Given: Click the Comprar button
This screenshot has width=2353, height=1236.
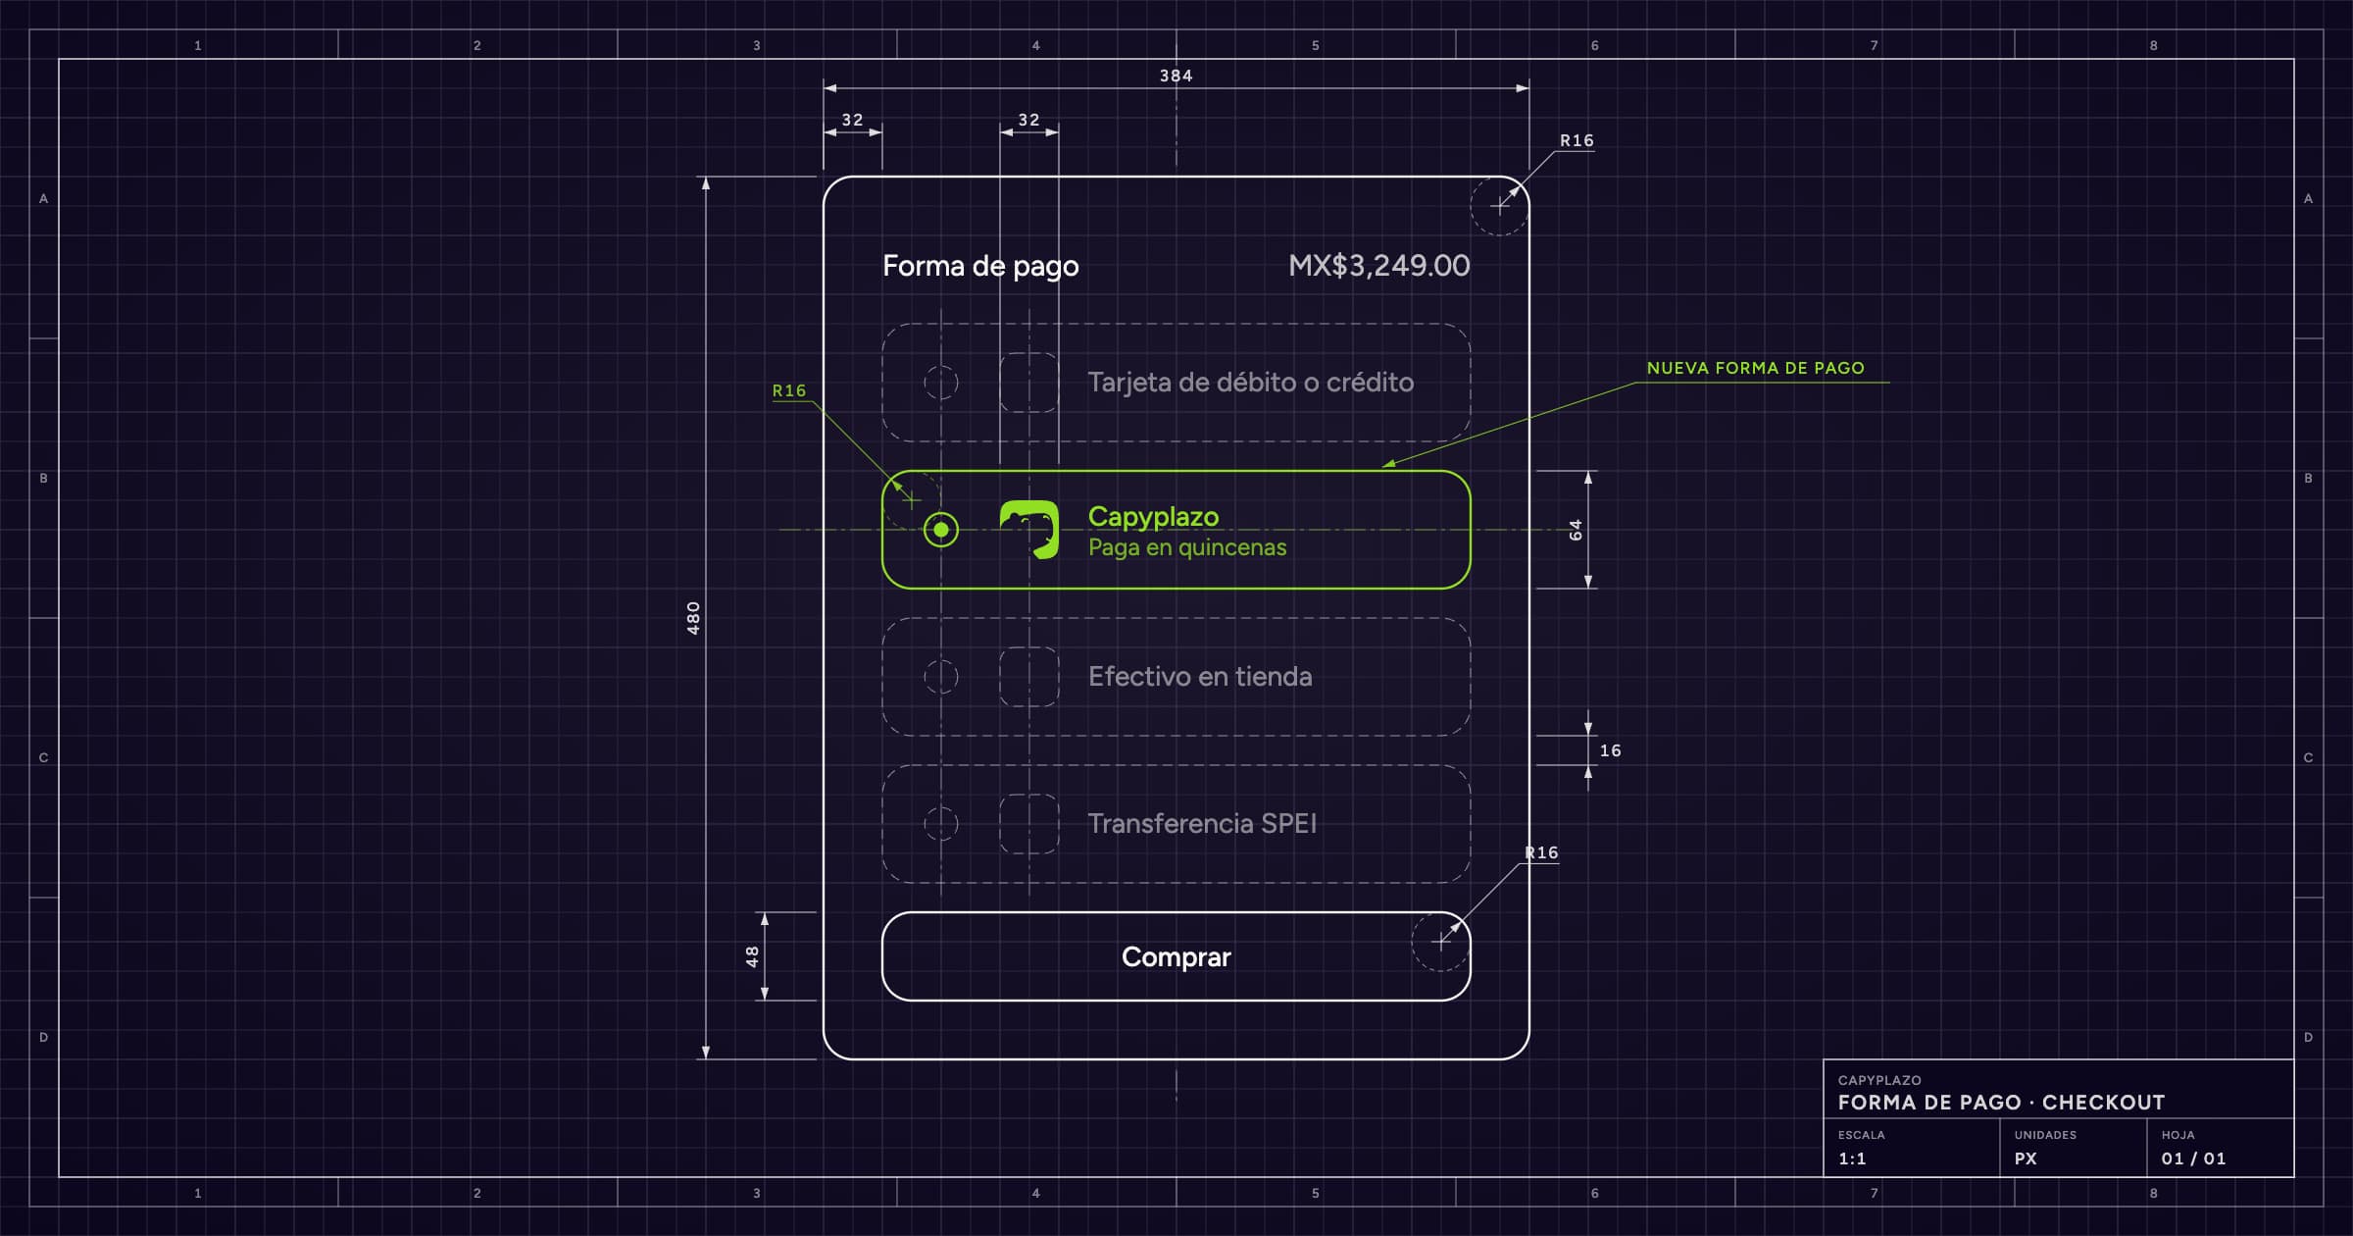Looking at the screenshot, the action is [x=1176, y=956].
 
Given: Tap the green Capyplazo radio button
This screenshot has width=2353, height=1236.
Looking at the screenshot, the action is [x=941, y=530].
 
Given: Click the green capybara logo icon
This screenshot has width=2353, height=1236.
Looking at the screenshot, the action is [x=1029, y=530].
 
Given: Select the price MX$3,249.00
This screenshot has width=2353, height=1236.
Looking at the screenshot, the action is [x=1378, y=266].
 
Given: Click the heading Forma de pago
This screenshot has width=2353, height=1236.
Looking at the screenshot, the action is [x=980, y=267].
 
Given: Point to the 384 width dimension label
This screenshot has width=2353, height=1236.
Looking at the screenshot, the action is [x=1176, y=76].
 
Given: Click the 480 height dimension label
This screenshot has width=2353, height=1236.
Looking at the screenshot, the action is [x=693, y=618].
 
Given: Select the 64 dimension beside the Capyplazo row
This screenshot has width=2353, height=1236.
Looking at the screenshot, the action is [x=1576, y=530].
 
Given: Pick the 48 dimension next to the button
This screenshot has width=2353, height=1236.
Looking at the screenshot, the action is [x=752, y=956].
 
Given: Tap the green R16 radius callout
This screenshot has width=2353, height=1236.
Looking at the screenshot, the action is [x=789, y=390].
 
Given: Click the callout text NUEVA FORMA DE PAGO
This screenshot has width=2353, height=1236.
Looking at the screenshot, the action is [x=1755, y=368].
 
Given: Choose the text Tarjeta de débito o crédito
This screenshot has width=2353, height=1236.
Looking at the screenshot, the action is [x=1251, y=383].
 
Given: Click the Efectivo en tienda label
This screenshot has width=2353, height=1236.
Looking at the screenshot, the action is [x=1200, y=677].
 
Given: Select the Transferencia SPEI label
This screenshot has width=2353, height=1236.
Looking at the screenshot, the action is [x=1202, y=824].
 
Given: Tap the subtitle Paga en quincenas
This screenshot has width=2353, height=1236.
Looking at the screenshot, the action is [x=1187, y=547].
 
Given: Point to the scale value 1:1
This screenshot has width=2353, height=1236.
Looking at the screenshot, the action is [x=1852, y=1159].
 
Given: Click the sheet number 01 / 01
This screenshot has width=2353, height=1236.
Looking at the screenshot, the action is [x=2193, y=1159].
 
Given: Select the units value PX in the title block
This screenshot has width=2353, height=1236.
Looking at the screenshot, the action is [x=2026, y=1159].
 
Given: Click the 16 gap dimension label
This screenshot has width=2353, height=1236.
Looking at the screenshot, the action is [x=1610, y=750].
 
